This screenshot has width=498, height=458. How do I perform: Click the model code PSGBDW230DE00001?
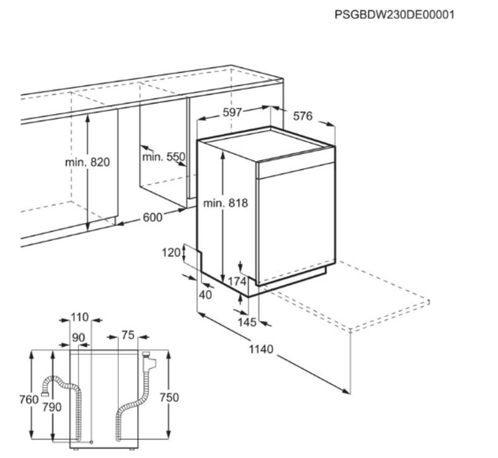[394, 14]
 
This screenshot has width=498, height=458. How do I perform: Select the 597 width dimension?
[232, 113]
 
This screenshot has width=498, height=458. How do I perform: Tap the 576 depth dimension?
[302, 116]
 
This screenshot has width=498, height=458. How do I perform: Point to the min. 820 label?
[87, 162]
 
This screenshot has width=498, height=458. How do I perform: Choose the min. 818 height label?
[225, 203]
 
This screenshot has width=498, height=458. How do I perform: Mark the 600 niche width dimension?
[152, 218]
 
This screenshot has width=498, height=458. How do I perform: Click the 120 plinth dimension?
[171, 252]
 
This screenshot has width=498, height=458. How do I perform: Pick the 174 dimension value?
[237, 282]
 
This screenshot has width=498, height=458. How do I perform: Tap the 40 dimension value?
[205, 295]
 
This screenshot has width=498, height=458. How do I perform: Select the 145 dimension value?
[247, 323]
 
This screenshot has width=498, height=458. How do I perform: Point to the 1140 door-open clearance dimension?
[261, 349]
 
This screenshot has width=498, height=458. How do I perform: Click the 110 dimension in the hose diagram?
[80, 317]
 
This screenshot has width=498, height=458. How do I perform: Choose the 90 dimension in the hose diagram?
[78, 338]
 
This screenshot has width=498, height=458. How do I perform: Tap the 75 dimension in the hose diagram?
[128, 336]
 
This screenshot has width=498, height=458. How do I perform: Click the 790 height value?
[52, 407]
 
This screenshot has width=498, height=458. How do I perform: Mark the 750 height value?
[170, 398]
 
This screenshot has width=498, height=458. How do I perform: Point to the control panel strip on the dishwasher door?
[295, 170]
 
